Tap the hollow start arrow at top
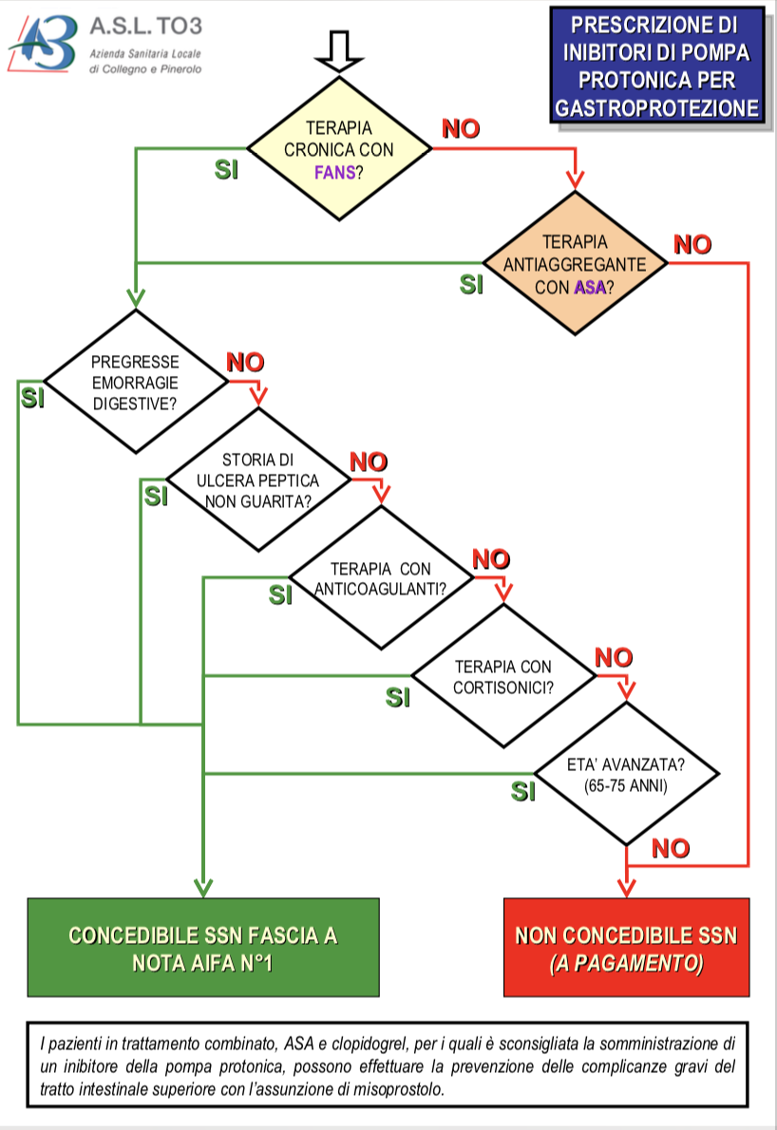[338, 50]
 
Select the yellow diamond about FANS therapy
[339, 150]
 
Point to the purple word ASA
[589, 288]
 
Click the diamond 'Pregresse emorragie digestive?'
[136, 382]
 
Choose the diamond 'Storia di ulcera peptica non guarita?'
[258, 481]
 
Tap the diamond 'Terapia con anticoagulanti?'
[381, 578]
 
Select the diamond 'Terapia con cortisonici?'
[503, 677]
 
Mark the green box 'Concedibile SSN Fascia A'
[203, 948]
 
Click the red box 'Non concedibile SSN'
[626, 948]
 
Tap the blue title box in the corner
[657, 65]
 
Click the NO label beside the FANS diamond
[461, 130]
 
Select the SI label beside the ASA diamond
[472, 284]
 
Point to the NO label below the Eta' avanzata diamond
[671, 848]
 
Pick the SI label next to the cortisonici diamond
[399, 698]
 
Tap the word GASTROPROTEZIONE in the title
[657, 108]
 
